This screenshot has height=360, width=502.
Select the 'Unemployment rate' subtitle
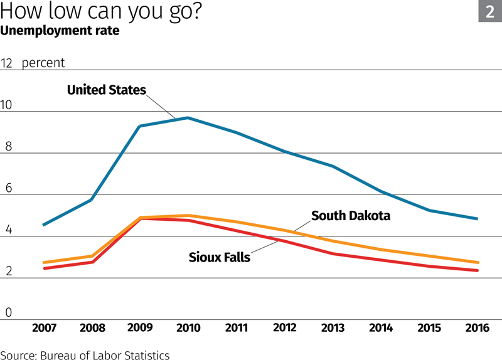60,30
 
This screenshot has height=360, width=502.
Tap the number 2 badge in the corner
490,11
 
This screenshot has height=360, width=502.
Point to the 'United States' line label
106,90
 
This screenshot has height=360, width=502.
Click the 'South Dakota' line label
351,216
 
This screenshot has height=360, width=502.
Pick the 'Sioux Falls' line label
220,257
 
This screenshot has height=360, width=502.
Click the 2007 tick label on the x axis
43,328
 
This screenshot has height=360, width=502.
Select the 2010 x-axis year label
188,328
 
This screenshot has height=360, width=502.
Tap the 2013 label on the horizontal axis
333,328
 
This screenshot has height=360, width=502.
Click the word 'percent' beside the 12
43,63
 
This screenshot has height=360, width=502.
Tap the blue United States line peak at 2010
188,118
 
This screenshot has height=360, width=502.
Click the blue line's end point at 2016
478,219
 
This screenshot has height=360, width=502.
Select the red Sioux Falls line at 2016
478,270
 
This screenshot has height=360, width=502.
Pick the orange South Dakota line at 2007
43,263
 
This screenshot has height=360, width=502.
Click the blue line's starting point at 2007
43,225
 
